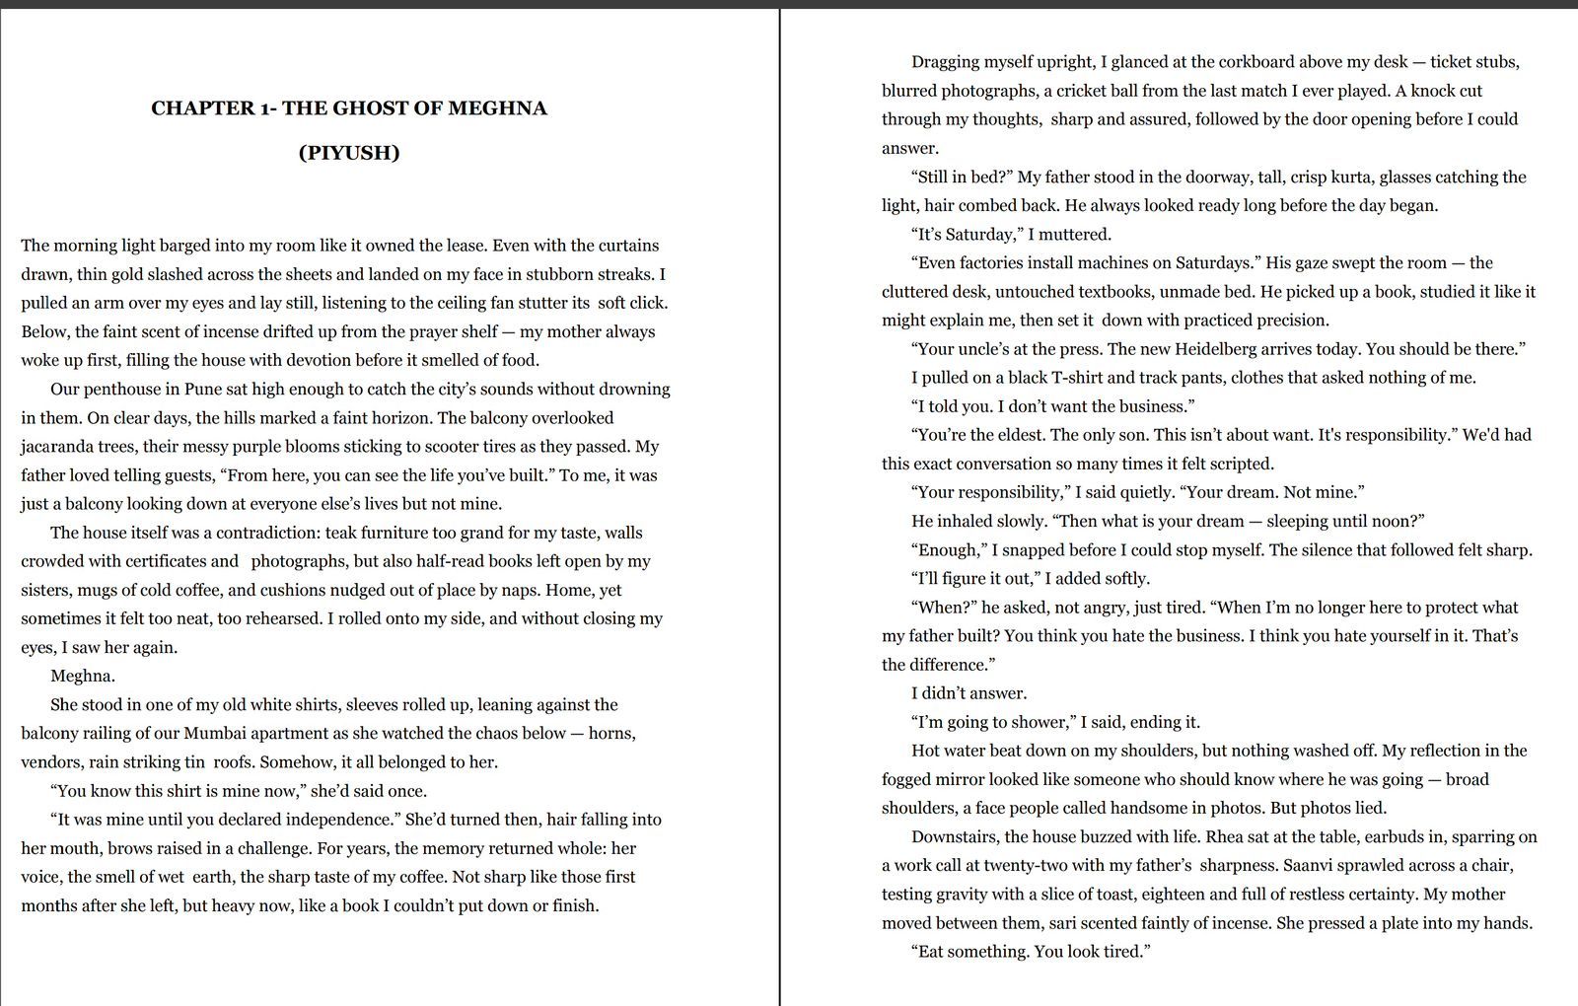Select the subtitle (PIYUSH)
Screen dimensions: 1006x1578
click(x=349, y=153)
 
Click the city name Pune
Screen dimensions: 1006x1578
click(x=203, y=389)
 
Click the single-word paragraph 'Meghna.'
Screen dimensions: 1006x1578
click(x=83, y=676)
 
